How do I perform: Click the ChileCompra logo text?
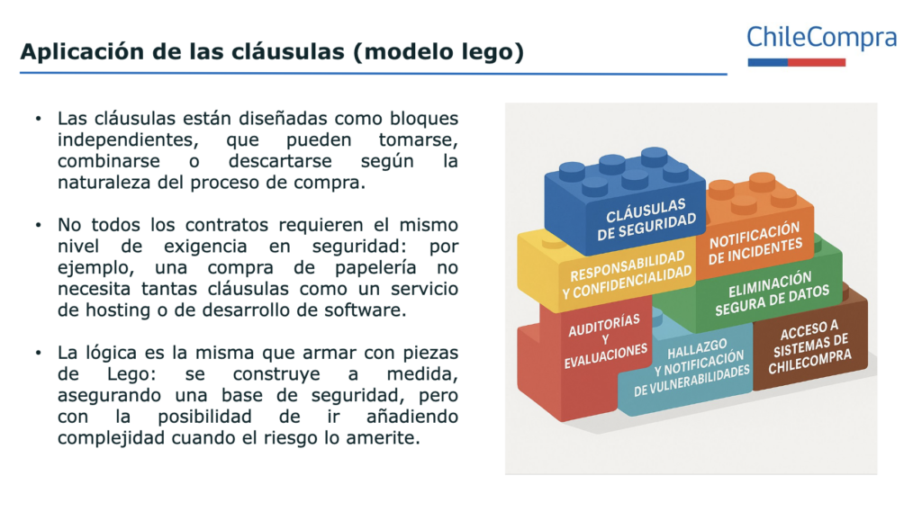pos(821,37)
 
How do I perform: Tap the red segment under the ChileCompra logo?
pos(816,62)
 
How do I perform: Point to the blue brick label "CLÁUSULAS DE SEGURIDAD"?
pos(646,220)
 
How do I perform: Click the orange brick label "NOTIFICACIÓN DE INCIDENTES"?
pos(755,243)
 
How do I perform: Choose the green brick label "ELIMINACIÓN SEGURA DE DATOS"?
pos(772,293)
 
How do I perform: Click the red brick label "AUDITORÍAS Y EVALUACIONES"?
pos(606,341)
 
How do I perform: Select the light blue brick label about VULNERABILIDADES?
pos(691,367)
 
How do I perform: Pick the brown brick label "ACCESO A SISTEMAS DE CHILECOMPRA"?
pos(809,346)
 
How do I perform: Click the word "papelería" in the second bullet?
pos(375,268)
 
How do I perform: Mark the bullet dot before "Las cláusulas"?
pos(38,119)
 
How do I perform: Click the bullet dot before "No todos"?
pos(38,225)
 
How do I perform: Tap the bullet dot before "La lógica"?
pos(38,353)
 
